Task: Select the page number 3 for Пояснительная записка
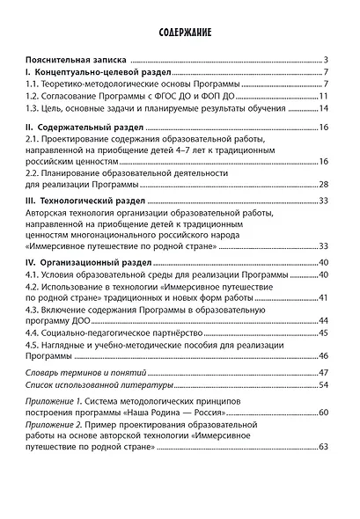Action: pos(325,58)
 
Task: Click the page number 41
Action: pos(323,296)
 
